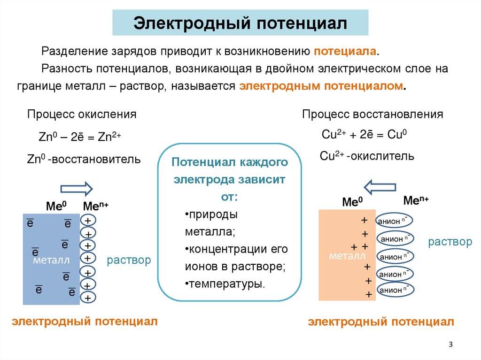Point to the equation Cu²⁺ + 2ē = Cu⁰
point(364,134)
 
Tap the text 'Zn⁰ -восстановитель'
point(84,159)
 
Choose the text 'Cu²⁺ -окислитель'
point(367,156)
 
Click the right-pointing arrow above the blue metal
point(77,189)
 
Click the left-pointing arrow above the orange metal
point(381,186)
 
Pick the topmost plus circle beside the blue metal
point(87,221)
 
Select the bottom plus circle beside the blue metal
point(87,298)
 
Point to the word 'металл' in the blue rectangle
point(51,260)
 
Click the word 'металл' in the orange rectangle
point(347,256)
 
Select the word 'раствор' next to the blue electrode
point(129,260)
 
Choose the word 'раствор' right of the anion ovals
point(450,242)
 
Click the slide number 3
point(450,345)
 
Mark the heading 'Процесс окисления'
point(82,114)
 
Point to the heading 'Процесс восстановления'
point(372,114)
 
